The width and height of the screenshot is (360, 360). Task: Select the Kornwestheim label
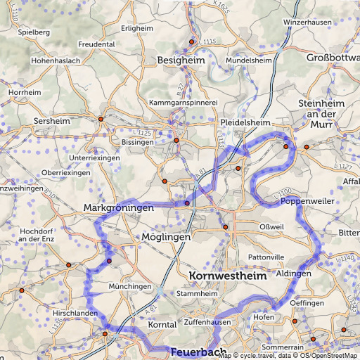point(229,277)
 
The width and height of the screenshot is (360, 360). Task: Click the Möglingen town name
point(166,238)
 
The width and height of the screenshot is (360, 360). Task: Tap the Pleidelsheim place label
point(245,122)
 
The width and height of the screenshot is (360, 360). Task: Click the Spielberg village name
point(34,32)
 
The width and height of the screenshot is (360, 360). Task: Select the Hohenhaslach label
point(52,61)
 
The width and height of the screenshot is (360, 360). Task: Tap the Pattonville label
point(267,258)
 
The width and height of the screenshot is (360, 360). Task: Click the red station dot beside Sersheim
point(101,119)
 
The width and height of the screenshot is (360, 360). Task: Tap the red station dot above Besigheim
point(191,42)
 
